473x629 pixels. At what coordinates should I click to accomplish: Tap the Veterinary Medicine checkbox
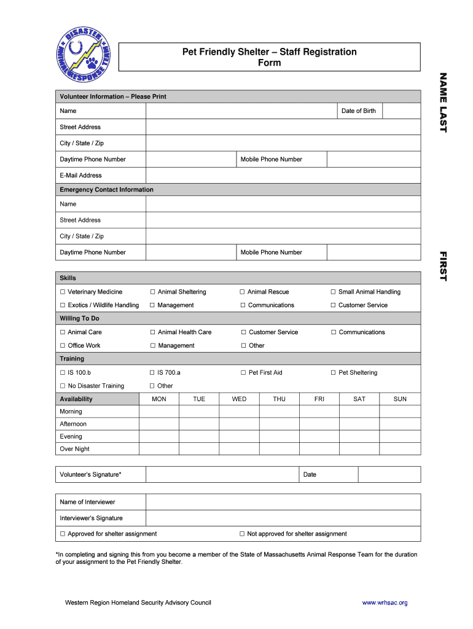click(63, 292)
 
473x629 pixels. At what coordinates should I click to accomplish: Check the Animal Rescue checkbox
click(243, 292)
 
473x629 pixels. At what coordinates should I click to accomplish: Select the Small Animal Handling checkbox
click(334, 292)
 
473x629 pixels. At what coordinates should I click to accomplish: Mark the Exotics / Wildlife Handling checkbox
click(63, 305)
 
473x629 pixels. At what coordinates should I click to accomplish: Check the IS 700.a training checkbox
click(152, 373)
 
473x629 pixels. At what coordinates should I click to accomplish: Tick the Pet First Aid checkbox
click(243, 373)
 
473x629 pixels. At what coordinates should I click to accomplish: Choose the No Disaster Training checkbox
click(63, 386)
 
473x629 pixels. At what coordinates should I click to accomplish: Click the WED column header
click(239, 399)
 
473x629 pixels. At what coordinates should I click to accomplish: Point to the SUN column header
click(400, 399)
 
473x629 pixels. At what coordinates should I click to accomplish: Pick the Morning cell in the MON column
click(158, 412)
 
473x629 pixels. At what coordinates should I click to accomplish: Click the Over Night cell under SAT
click(359, 449)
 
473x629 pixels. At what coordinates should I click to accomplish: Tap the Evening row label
click(71, 437)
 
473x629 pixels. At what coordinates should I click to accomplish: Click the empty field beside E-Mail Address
click(283, 176)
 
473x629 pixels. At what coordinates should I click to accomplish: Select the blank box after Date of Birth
click(401, 111)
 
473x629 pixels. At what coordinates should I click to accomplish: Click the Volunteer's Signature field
click(221, 475)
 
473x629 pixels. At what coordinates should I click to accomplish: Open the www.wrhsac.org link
click(385, 603)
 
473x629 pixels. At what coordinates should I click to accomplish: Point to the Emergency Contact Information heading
click(106, 190)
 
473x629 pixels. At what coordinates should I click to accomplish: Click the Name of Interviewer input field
click(283, 502)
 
